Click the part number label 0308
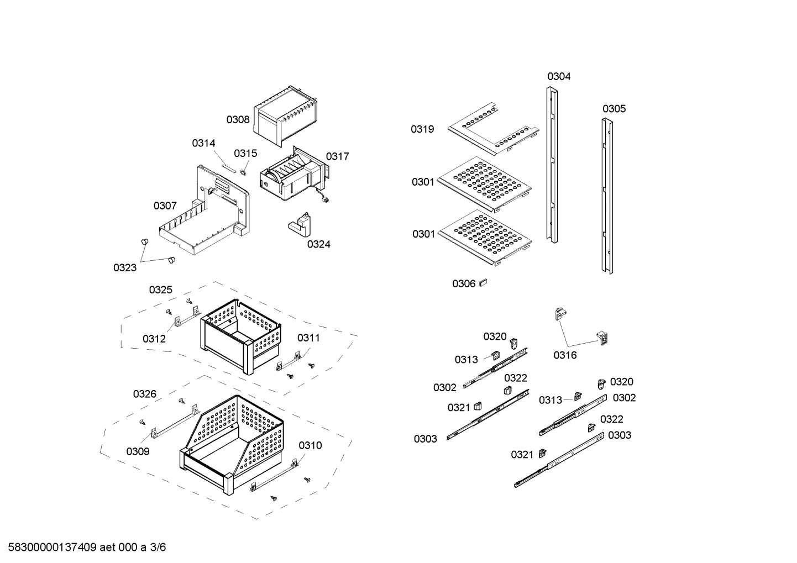point(238,119)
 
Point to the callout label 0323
point(125,268)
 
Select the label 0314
point(203,144)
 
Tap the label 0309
point(138,451)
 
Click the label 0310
point(310,445)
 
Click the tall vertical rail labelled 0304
point(552,166)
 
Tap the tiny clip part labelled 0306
point(483,282)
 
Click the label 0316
point(565,355)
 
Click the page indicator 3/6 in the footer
point(158,548)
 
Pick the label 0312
point(154,339)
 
